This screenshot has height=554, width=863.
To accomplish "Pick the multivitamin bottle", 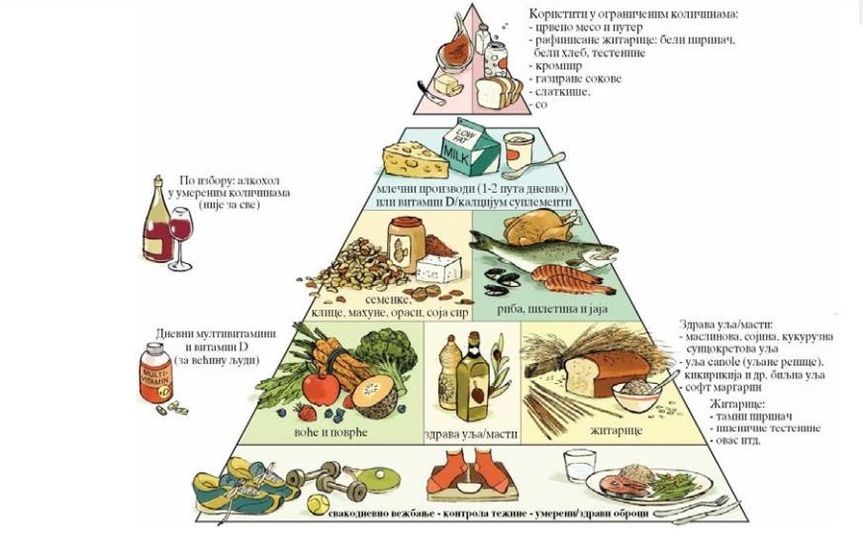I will click(154, 374).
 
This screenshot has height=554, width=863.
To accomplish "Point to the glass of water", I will click(578, 465).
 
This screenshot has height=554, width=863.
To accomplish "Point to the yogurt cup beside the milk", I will click(519, 152).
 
